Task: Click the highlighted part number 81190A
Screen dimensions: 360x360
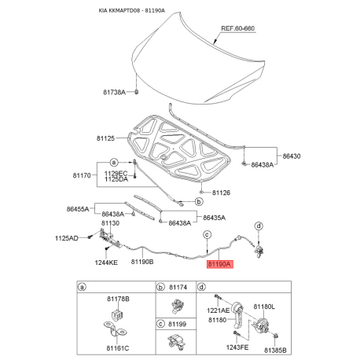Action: pyautogui.click(x=219, y=264)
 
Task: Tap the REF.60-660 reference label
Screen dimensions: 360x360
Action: pyautogui.click(x=237, y=28)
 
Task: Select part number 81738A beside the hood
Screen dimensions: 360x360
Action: pyautogui.click(x=114, y=92)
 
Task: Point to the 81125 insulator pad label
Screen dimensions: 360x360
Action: pyautogui.click(x=105, y=138)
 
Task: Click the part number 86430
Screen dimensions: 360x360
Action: pyautogui.click(x=292, y=156)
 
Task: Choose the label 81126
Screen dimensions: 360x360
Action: pyautogui.click(x=221, y=193)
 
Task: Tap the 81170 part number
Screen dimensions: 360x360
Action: pyautogui.click(x=82, y=175)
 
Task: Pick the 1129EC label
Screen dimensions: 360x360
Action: pyautogui.click(x=116, y=174)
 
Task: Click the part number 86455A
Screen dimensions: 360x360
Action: pyautogui.click(x=78, y=209)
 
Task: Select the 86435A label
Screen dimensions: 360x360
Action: pyautogui.click(x=214, y=218)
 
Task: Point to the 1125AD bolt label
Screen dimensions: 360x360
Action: pyautogui.click(x=67, y=238)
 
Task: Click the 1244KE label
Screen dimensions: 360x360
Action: pyautogui.click(x=106, y=263)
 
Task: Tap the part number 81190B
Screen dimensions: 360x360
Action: pyautogui.click(x=142, y=262)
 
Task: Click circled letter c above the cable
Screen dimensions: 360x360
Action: pyautogui.click(x=207, y=234)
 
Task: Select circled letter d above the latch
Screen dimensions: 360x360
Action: pyautogui.click(x=259, y=226)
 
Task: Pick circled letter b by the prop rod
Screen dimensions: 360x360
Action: pyautogui.click(x=199, y=202)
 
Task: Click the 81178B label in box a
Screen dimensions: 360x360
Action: pyautogui.click(x=118, y=299)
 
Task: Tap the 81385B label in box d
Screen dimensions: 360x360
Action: pyautogui.click(x=275, y=351)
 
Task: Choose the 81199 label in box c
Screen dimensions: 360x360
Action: pyautogui.click(x=178, y=325)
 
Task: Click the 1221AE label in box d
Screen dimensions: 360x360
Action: pyautogui.click(x=218, y=310)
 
